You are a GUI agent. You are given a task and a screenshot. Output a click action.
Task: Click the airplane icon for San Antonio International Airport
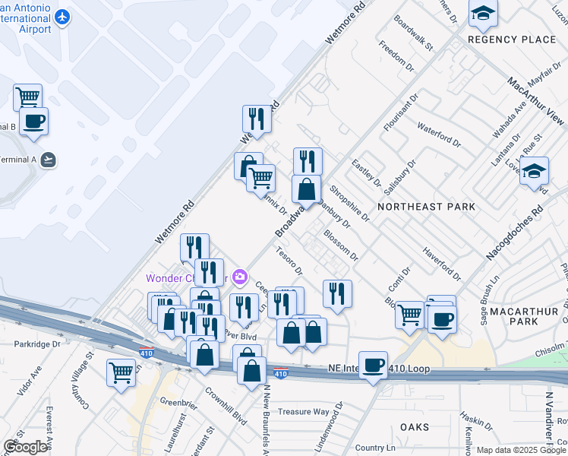click(x=62, y=17)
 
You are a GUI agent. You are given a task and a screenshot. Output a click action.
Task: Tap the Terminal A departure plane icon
click(x=49, y=159)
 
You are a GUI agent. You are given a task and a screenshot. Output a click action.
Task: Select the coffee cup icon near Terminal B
click(x=34, y=122)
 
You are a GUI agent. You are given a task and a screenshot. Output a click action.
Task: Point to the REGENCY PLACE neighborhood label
click(x=501, y=40)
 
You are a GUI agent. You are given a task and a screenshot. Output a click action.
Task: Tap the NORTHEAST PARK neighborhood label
click(x=426, y=207)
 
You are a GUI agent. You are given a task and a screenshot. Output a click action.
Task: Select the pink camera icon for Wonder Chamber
click(x=241, y=277)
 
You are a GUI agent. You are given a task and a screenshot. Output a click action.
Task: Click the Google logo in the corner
click(x=25, y=446)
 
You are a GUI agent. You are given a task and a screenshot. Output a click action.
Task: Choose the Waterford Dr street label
click(x=439, y=135)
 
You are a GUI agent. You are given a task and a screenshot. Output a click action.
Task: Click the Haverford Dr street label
click(x=442, y=262)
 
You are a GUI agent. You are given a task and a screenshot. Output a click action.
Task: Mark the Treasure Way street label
click(x=301, y=411)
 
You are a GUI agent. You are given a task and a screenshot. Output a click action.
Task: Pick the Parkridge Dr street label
click(x=35, y=344)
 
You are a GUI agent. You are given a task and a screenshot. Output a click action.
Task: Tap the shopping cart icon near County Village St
click(x=121, y=372)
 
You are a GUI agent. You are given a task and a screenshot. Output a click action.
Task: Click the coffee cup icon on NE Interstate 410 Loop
click(x=373, y=365)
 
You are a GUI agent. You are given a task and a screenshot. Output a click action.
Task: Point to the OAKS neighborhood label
click(x=415, y=427)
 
